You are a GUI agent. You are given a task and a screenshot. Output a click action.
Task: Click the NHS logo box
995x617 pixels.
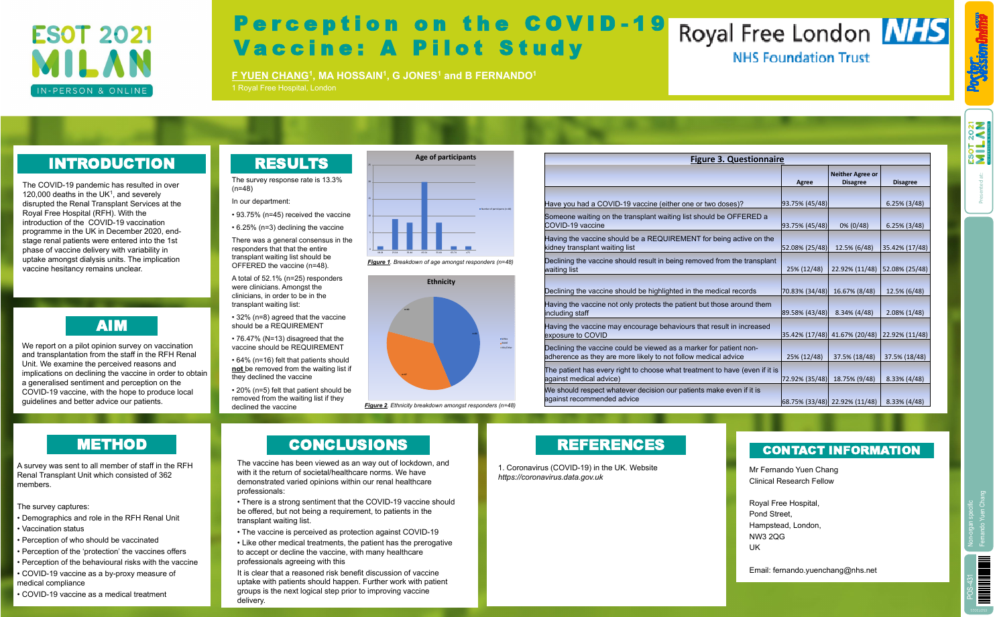915,31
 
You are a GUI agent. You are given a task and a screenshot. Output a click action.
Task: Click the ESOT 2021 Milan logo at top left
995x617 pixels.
92,60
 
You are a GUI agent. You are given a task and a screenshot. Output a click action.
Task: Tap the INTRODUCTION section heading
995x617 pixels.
111,163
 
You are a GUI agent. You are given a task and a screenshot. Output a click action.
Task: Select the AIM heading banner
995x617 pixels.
111,326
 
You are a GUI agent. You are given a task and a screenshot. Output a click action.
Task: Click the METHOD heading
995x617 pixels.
111,444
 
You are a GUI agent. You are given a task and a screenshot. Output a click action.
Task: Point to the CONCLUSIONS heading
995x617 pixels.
348,445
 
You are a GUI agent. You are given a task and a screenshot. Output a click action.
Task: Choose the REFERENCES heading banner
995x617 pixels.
610,445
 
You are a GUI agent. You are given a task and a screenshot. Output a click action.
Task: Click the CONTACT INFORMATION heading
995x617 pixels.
841,450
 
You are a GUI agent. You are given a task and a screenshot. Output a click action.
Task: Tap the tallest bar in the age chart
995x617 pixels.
424,216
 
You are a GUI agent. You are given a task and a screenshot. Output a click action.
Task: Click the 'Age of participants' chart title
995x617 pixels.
445,157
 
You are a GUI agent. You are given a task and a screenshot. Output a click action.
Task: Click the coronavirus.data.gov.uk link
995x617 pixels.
550,478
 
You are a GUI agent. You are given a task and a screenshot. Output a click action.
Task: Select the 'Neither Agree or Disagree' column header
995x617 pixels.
854,178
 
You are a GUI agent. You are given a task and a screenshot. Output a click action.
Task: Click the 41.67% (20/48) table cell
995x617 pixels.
854,335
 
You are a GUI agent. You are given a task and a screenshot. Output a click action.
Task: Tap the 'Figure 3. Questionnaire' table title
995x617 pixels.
737,159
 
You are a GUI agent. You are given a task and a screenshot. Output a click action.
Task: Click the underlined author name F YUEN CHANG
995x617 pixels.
270,76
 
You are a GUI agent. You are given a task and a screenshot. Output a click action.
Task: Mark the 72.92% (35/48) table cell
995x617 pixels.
805,379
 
